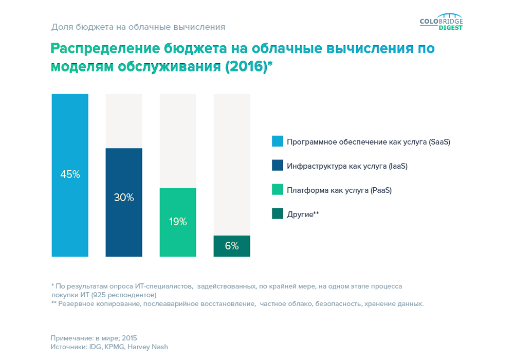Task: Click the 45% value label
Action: point(70,174)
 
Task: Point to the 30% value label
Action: point(124,197)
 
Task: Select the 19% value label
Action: point(178,222)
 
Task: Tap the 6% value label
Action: point(232,246)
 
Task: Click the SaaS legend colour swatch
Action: point(278,141)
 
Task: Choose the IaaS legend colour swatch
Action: point(278,166)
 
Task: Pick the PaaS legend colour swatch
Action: point(278,190)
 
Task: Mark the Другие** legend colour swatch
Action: point(278,214)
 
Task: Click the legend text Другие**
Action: point(303,214)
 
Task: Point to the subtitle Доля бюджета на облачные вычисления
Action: point(138,26)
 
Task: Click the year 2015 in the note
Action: point(130,338)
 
